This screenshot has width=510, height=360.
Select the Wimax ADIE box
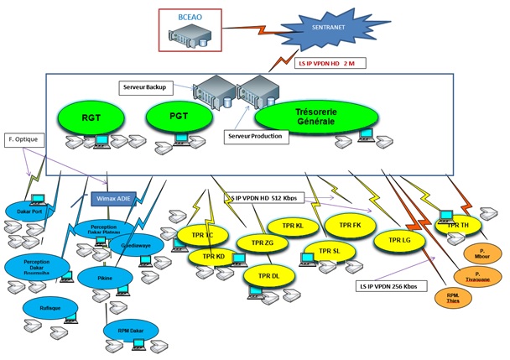point(113,199)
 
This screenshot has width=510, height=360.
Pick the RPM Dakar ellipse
point(131,330)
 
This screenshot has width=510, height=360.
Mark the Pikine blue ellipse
point(106,276)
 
